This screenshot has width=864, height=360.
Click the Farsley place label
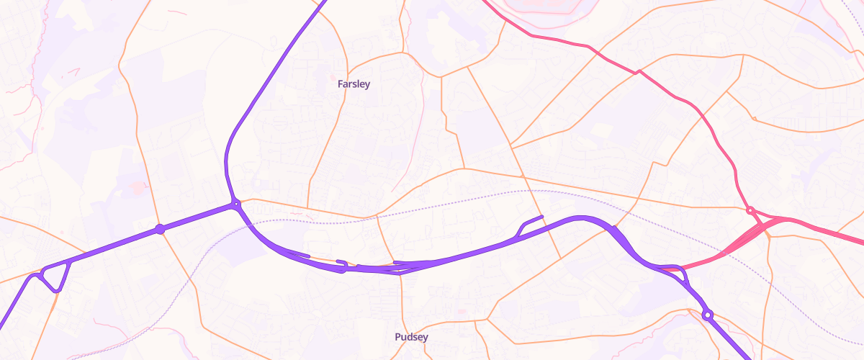click(354, 84)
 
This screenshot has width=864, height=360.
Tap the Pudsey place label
click(411, 337)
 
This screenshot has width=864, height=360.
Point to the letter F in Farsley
click(341, 84)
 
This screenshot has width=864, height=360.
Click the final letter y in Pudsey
click(426, 338)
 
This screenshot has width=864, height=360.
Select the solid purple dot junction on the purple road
click(160, 229)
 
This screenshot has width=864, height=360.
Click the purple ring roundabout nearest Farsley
click(235, 205)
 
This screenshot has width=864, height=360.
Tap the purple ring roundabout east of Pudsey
click(708, 315)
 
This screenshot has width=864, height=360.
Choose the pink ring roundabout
click(750, 211)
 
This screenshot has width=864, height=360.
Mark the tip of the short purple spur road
click(541, 216)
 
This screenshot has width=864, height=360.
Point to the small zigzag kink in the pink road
click(638, 71)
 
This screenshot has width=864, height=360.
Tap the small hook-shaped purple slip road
click(343, 265)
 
